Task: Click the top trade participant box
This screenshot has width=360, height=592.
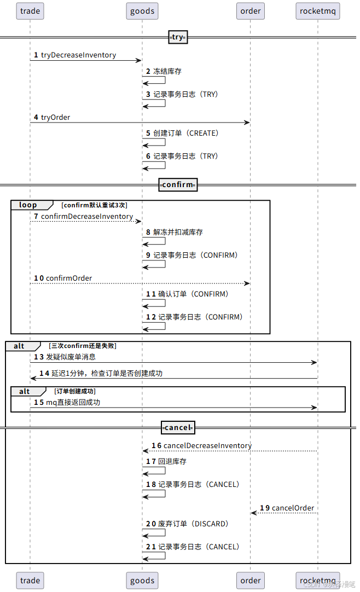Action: pyautogui.click(x=30, y=10)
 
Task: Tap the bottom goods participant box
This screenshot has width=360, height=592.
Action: pyautogui.click(x=142, y=581)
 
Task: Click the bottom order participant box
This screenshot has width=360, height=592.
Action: pyautogui.click(x=251, y=581)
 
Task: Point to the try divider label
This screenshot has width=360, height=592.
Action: pyautogui.click(x=177, y=37)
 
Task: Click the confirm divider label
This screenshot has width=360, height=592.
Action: pyautogui.click(x=178, y=184)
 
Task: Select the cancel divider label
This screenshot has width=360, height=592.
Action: pyautogui.click(x=178, y=427)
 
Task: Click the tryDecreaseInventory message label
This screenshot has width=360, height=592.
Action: pyautogui.click(x=78, y=55)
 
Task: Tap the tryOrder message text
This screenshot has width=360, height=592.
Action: pyautogui.click(x=55, y=117)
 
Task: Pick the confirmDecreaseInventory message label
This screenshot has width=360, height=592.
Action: pyautogui.click(x=87, y=216)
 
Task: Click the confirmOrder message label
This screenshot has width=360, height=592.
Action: pyautogui.click(x=69, y=278)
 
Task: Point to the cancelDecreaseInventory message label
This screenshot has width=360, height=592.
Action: pyautogui.click(x=207, y=445)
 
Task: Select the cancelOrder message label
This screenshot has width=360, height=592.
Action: pyautogui.click(x=293, y=508)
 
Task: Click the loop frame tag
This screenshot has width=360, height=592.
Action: pyautogui.click(x=28, y=205)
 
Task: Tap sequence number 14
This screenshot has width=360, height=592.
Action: pyautogui.click(x=44, y=373)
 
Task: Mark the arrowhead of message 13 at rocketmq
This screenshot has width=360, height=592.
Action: pyautogui.click(x=315, y=362)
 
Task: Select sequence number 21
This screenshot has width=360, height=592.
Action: pyautogui.click(x=150, y=547)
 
